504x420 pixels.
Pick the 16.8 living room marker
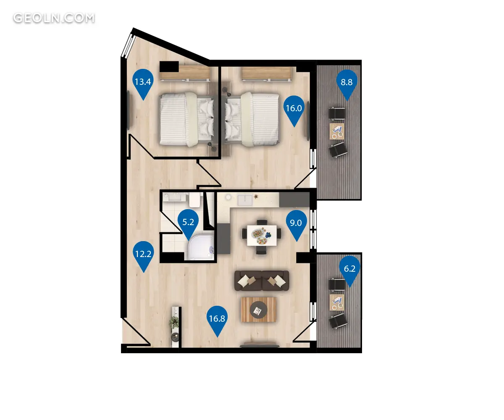click(x=217, y=321)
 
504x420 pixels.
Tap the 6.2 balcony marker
click(x=349, y=271)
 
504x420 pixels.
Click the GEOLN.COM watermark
click(x=54, y=18)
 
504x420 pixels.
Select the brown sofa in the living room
click(x=262, y=281)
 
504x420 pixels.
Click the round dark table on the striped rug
click(x=259, y=310)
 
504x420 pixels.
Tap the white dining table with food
click(x=262, y=235)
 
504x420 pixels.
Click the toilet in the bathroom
click(x=194, y=199)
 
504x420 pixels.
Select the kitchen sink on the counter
click(x=245, y=200)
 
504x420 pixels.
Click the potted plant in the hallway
click(x=174, y=321)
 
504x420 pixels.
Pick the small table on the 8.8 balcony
click(x=337, y=131)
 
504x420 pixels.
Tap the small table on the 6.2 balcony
click(x=337, y=302)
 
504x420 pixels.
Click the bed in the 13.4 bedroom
click(x=186, y=119)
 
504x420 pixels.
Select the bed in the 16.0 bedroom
click(x=252, y=119)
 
